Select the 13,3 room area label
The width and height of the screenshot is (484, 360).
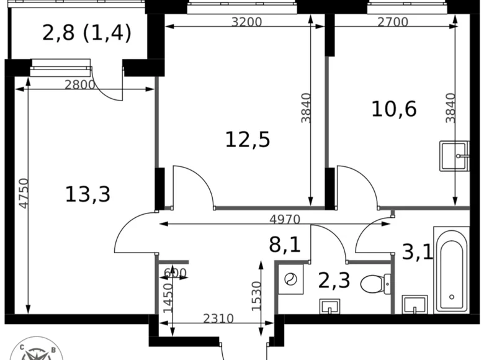click(87, 194)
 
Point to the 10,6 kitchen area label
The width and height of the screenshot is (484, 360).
click(394, 109)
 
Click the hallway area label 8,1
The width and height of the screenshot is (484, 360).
click(284, 244)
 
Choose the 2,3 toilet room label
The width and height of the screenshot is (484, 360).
click(334, 281)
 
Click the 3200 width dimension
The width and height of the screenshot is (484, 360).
click(246, 22)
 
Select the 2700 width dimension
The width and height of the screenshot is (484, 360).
click(392, 22)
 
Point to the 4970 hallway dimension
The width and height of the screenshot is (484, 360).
click(284, 219)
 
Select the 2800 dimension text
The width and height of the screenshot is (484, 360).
click(79, 85)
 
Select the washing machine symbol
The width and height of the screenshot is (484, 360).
click(290, 280)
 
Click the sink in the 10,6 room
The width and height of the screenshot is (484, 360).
click(454, 155)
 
